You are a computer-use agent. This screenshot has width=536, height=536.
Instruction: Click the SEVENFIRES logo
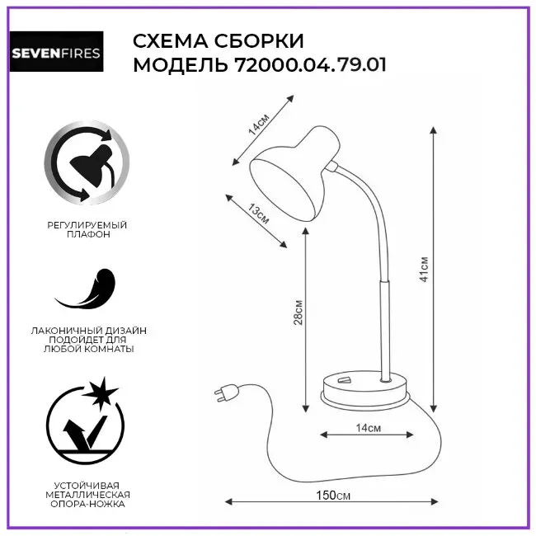56,52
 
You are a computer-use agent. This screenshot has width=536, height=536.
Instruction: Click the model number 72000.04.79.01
311,64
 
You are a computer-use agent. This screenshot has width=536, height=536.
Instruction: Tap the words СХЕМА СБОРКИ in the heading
218,41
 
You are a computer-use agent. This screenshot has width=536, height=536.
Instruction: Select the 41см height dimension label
424,269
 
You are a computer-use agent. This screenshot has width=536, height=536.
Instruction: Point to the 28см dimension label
299,313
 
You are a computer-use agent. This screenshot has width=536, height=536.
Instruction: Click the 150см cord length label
333,496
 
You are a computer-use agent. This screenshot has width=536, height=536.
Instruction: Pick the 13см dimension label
259,214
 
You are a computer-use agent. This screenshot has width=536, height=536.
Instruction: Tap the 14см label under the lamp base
368,428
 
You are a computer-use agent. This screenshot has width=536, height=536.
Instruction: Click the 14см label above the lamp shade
259,124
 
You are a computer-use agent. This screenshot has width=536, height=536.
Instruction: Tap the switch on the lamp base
345,379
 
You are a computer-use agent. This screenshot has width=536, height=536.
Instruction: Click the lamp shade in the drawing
294,173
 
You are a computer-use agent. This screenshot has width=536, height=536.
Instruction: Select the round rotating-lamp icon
87,162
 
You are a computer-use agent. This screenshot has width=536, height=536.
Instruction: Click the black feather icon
87,289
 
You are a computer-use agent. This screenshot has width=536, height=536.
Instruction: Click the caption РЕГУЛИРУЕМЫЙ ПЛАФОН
87,230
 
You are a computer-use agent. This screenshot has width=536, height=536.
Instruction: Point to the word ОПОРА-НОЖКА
87,504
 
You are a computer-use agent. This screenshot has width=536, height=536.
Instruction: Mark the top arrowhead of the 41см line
434,130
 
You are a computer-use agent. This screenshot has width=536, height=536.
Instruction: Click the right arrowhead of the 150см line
434,502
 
